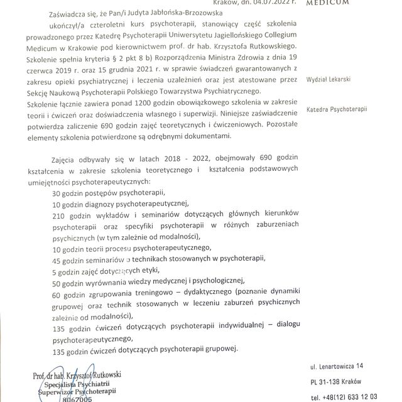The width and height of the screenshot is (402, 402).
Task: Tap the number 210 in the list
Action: click(x=61, y=214)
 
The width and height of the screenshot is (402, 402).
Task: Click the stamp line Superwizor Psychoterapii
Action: click(x=79, y=390)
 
